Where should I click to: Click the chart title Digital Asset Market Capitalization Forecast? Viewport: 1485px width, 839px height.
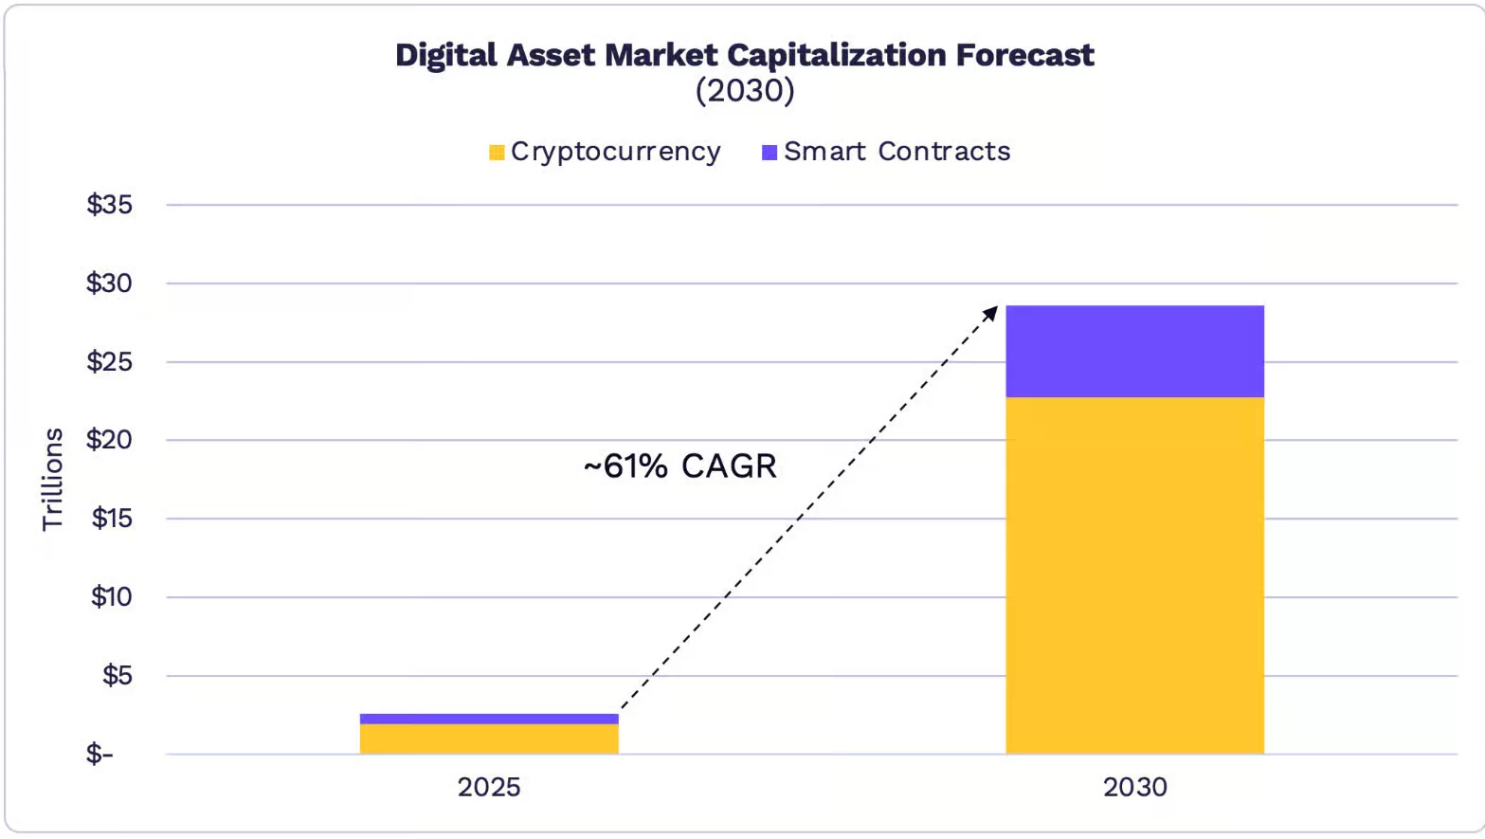coord(744,55)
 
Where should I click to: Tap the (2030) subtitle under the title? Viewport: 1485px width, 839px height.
coord(744,91)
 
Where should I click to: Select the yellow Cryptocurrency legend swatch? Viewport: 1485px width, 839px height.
coord(497,153)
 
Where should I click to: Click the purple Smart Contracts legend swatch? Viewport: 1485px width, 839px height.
coord(770,153)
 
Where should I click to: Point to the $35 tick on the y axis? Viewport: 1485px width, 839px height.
coord(110,205)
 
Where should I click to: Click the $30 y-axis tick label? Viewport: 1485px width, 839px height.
coord(110,283)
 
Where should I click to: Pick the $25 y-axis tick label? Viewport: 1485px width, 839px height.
coord(110,362)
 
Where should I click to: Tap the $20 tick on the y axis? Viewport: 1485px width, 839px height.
coord(110,440)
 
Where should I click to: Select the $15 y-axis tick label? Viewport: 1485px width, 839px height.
coord(112,519)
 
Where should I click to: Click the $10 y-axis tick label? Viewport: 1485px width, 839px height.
coord(112,597)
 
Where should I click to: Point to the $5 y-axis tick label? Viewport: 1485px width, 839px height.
coord(118,676)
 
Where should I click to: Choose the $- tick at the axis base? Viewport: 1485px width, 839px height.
coord(100,755)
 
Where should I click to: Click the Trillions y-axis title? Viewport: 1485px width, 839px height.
coord(53,479)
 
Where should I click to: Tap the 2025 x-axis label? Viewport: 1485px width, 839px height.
coord(489,787)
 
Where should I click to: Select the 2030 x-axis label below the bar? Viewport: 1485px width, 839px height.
coord(1134,787)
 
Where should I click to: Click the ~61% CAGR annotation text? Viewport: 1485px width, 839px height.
coord(680,466)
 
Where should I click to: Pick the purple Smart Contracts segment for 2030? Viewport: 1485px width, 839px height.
coord(1134,351)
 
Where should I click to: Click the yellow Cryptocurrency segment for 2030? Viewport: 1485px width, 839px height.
coord(1134,575)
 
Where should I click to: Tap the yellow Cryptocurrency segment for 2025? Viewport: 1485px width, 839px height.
coord(489,739)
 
